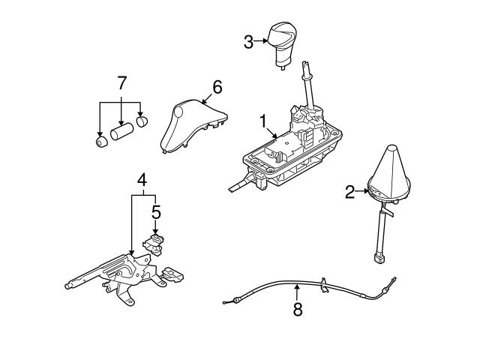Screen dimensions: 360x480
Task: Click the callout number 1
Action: click(x=262, y=120)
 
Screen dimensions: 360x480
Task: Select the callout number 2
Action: click(x=349, y=193)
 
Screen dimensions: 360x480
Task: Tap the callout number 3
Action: click(x=248, y=42)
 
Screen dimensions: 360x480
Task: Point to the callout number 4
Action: click(x=141, y=179)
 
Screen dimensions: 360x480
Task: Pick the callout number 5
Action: click(x=156, y=212)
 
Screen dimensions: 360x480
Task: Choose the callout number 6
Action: click(x=217, y=88)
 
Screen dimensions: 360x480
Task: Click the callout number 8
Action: click(x=298, y=309)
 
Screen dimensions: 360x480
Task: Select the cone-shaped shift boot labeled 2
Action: click(x=389, y=177)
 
